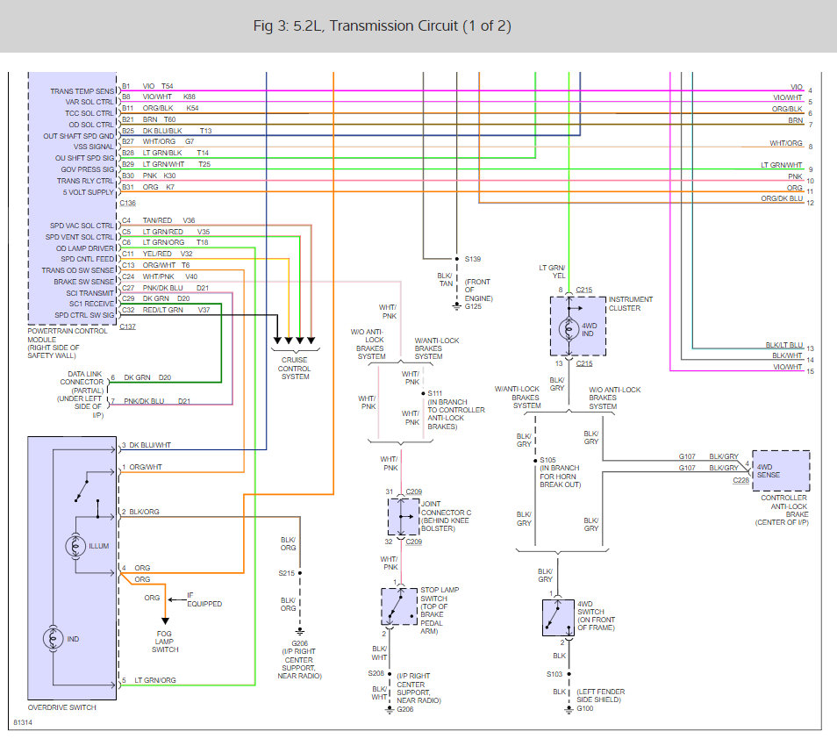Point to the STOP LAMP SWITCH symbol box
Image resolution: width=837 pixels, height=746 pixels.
pyautogui.click(x=399, y=606)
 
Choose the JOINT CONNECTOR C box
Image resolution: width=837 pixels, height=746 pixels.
pyautogui.click(x=404, y=517)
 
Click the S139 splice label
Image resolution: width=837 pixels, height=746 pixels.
pyautogui.click(x=474, y=259)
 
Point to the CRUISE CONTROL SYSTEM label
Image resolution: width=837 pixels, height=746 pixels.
pyautogui.click(x=294, y=368)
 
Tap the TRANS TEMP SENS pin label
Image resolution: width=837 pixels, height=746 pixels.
pyautogui.click(x=82, y=91)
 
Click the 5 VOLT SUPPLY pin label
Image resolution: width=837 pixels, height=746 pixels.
pyautogui.click(x=88, y=192)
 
